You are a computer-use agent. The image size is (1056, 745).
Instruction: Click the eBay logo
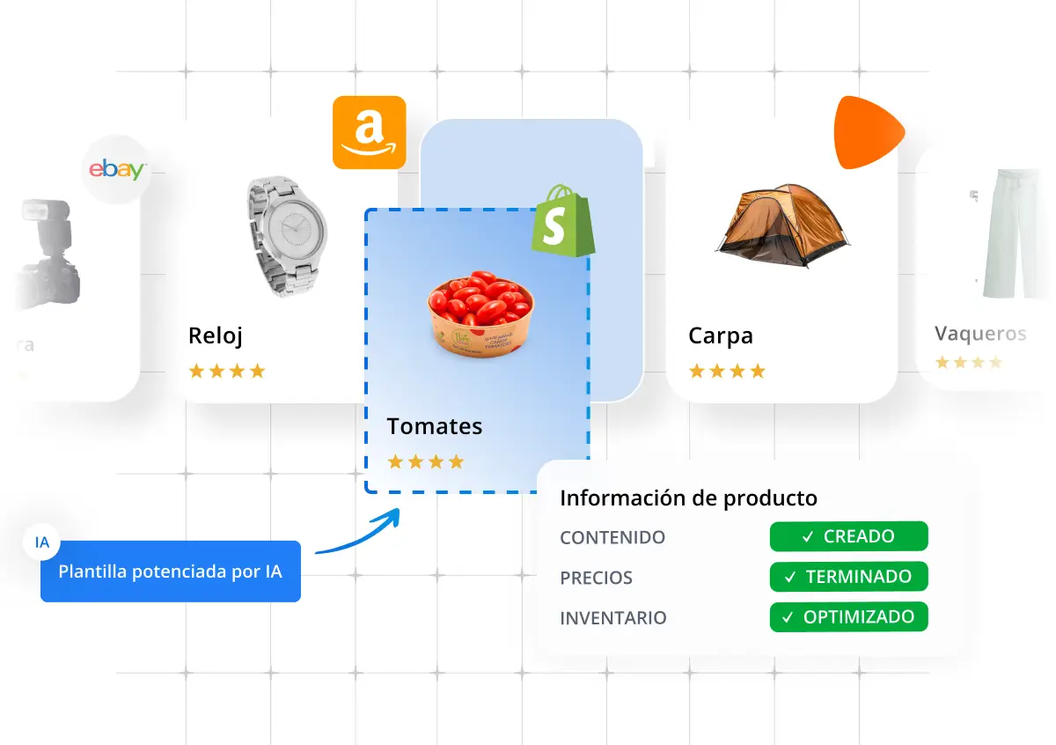coord(116,170)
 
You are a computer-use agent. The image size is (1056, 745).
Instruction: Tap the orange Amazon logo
coord(369,132)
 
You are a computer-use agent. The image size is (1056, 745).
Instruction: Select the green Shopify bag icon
coord(561,222)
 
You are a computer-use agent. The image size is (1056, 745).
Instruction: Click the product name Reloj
coord(216,336)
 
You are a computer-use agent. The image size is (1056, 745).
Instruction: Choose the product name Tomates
coord(435,426)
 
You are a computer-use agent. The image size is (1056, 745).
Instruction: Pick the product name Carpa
coord(720,336)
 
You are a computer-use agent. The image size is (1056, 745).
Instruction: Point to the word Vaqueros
coord(980,334)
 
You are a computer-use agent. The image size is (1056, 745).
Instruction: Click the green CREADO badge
coord(848,536)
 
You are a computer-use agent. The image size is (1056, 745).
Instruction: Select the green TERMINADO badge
coord(848,577)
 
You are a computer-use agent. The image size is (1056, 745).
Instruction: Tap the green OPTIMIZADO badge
coord(848,617)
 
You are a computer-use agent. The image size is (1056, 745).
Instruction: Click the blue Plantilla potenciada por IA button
coord(171,572)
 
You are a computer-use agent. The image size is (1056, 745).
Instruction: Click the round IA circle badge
coord(42,542)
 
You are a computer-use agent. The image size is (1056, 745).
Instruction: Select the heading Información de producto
coord(688,498)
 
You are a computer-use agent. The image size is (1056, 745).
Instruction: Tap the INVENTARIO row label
coord(613,618)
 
